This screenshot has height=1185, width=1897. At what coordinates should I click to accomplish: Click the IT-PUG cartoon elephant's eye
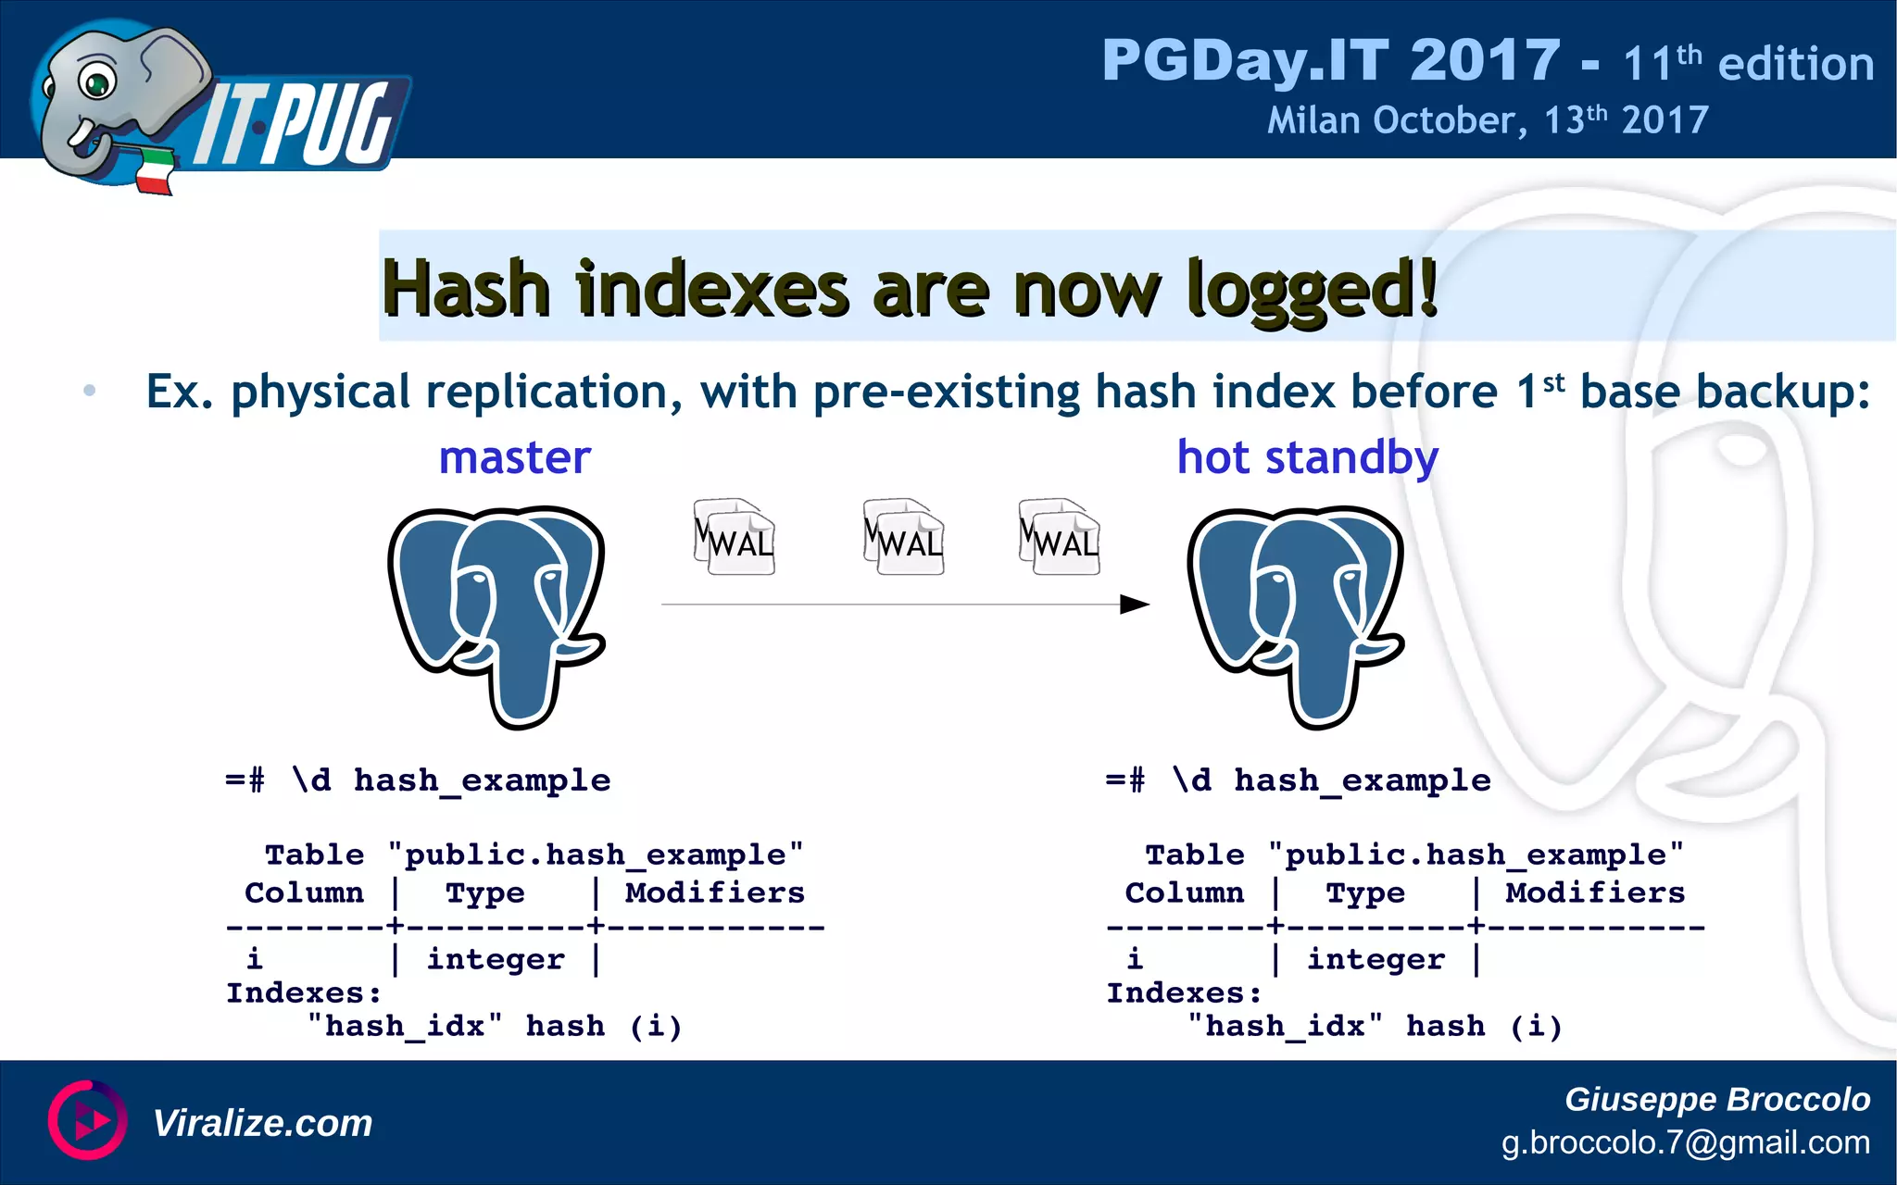click(95, 81)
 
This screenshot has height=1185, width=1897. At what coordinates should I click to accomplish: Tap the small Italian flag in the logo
click(156, 171)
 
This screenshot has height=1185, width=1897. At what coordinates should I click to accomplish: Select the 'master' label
click(514, 457)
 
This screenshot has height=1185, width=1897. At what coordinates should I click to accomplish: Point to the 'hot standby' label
click(1307, 457)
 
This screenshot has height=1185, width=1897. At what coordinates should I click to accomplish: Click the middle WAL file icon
click(903, 537)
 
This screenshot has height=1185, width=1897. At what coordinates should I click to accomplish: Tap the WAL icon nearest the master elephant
click(734, 537)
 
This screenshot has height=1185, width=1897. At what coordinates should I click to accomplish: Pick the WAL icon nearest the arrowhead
click(1059, 537)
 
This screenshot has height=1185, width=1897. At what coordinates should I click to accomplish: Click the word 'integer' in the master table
click(496, 960)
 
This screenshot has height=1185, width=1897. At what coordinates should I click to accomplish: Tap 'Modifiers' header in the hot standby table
click(1595, 892)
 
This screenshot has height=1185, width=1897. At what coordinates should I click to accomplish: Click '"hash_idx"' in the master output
click(405, 1027)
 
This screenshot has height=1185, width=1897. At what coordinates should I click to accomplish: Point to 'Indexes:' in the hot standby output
click(1184, 993)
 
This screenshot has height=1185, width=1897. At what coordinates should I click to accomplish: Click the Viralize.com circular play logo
click(88, 1120)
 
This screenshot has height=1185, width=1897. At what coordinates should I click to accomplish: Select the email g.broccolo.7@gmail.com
click(1685, 1142)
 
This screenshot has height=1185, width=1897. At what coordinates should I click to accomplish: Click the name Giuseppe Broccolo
click(1716, 1099)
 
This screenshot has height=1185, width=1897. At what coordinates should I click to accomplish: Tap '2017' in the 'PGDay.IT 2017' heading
click(1485, 61)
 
